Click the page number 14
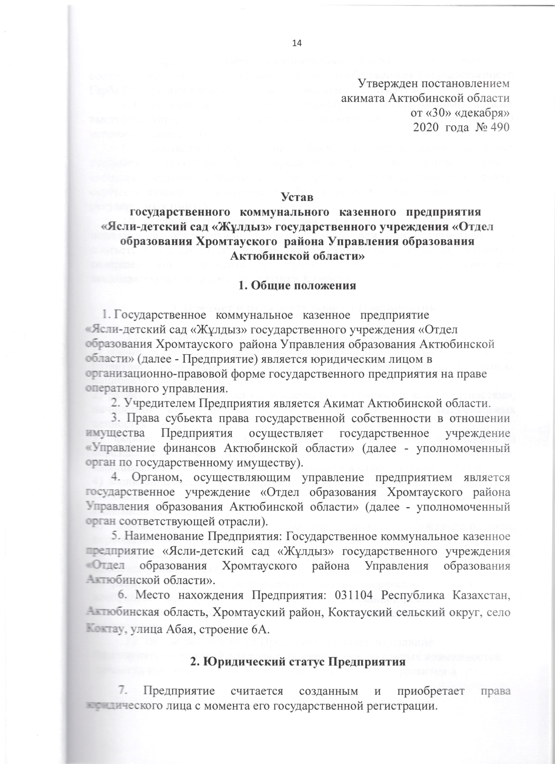point(297,42)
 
